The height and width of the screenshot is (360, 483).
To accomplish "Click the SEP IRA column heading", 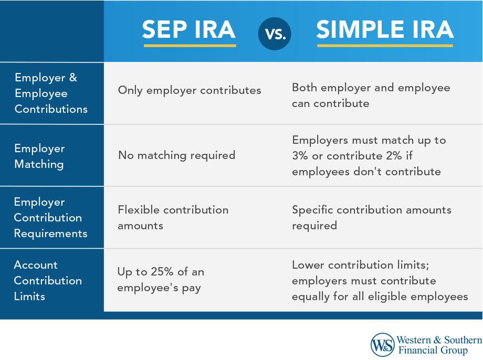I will (189, 30).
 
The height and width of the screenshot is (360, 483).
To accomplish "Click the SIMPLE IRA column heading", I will (385, 30).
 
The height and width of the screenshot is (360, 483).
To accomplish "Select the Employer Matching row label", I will (39, 156).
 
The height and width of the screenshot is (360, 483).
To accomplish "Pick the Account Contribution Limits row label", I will (48, 280).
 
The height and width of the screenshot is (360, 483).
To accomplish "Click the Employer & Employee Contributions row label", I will (51, 93).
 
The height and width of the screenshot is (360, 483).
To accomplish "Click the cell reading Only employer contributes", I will (190, 90).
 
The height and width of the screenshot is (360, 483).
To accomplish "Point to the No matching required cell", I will (176, 155).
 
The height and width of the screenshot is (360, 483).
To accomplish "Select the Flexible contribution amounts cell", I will (173, 218).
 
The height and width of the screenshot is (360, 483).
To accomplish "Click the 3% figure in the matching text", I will (301, 156).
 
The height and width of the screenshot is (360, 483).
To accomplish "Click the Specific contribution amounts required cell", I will (371, 218).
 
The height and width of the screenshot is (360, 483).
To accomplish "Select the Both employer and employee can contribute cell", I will (371, 96).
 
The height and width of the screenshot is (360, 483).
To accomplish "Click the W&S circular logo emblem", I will (382, 345).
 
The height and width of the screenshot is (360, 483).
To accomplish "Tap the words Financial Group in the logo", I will (432, 351).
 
